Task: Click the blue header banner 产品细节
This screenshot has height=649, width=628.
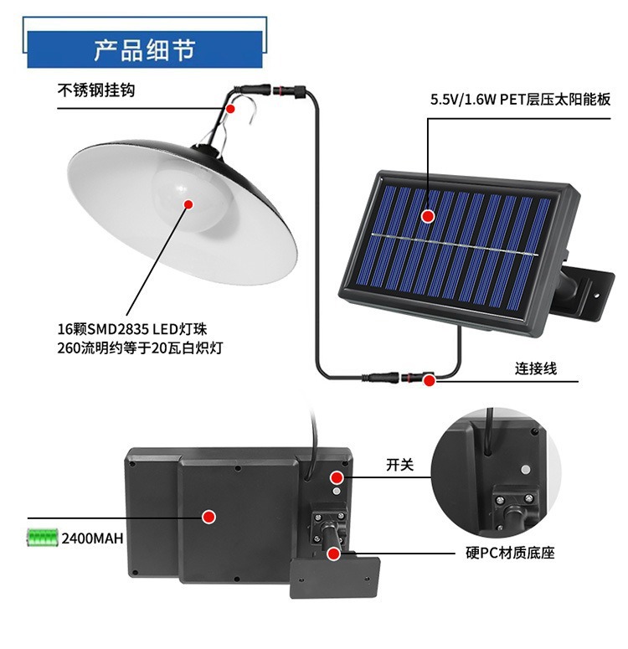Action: click(145, 49)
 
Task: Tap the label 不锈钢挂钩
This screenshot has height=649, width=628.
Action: click(95, 90)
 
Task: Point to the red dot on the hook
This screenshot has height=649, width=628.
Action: click(231, 108)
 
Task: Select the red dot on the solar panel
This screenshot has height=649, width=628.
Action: click(428, 215)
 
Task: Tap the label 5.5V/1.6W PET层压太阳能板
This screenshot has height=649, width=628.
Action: click(520, 100)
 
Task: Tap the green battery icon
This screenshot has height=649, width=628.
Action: click(41, 536)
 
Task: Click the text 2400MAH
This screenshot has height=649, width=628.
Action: click(92, 538)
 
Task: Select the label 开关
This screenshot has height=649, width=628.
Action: click(399, 465)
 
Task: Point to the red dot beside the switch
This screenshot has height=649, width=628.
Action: click(337, 477)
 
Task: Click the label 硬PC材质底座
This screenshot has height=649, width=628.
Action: click(511, 553)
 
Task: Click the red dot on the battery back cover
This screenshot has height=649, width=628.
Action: click(210, 516)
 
